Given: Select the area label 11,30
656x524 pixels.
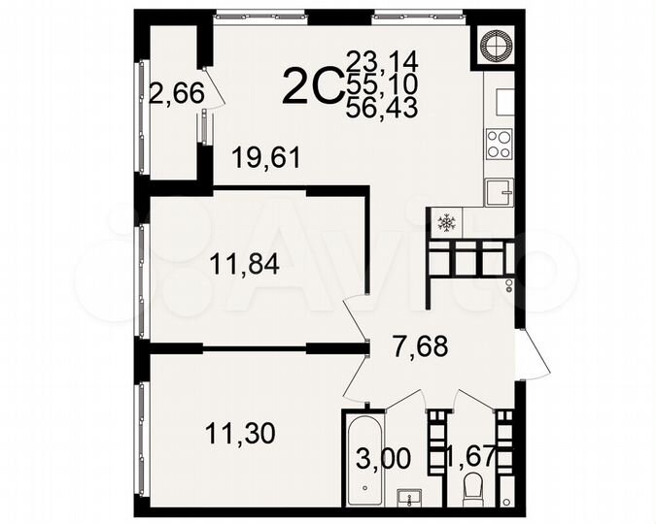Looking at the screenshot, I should pyautogui.click(x=241, y=431).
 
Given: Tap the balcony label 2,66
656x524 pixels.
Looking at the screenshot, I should pyautogui.click(x=176, y=94).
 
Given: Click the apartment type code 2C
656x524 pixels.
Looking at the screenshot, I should pyautogui.click(x=310, y=87).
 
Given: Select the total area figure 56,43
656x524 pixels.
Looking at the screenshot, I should pyautogui.click(x=382, y=109).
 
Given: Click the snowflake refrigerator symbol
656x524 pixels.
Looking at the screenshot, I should pyautogui.click(x=446, y=224).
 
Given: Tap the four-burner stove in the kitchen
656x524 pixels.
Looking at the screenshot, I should pyautogui.click(x=499, y=144).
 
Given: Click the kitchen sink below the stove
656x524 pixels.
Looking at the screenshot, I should pyautogui.click(x=499, y=192).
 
